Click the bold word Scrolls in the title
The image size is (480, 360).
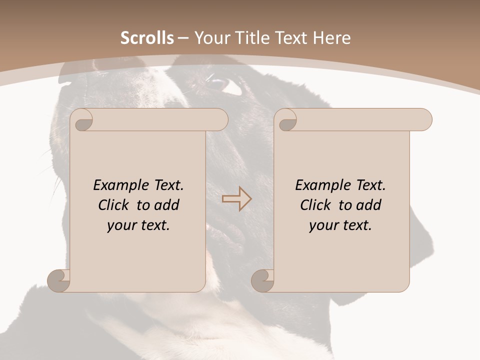[x=147, y=38]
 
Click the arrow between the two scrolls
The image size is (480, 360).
[x=237, y=199]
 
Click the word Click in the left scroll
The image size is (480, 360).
[x=114, y=205]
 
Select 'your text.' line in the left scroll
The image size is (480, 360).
[x=138, y=225]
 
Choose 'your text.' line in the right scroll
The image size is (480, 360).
[x=340, y=225]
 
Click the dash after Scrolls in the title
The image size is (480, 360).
[x=183, y=38]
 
